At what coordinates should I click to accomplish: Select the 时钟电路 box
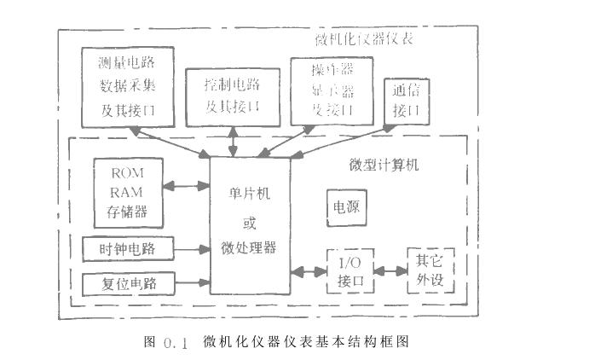(128, 248)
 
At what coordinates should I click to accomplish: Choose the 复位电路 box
(128, 282)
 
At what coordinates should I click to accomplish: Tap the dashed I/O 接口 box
(350, 271)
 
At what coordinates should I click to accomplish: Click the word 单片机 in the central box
(249, 195)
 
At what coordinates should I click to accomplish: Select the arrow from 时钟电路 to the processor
(192, 249)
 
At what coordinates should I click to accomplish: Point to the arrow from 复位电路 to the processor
(192, 282)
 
